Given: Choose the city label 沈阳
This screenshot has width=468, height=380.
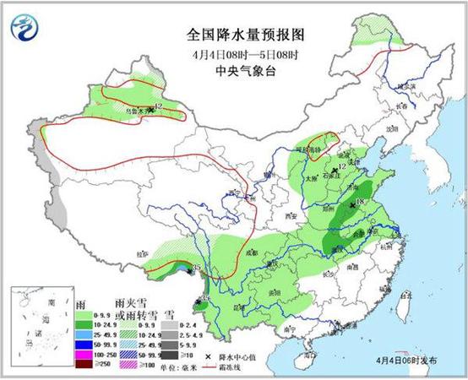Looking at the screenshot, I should (x=389, y=129).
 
